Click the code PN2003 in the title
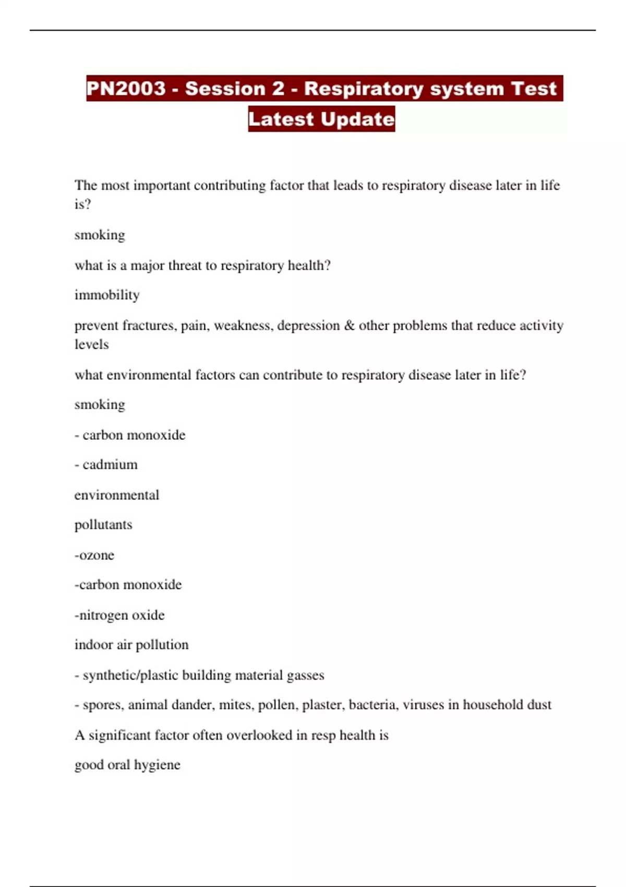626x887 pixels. coord(126,88)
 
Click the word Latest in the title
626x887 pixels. coord(281,119)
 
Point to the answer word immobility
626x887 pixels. coord(107,295)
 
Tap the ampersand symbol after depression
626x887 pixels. coord(349,326)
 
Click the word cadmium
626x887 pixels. coord(110,464)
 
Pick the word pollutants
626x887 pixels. coord(103,525)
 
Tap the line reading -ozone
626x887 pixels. coord(94,555)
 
